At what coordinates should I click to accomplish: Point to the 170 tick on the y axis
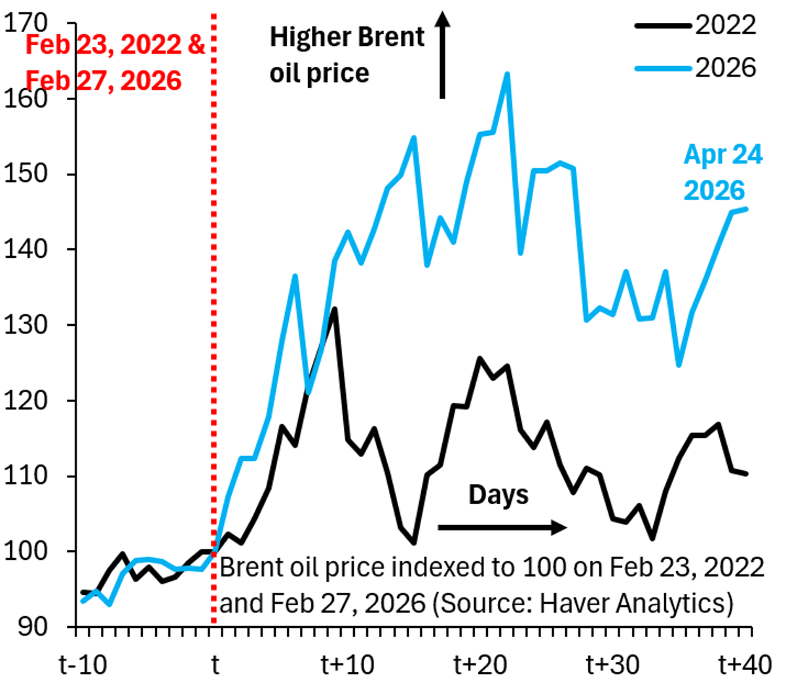[x=26, y=24]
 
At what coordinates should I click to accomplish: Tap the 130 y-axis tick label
[x=26, y=325]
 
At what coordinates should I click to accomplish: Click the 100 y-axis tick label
[x=26, y=551]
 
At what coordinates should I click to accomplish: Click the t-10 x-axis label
[x=83, y=665]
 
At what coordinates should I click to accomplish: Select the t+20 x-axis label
[x=480, y=665]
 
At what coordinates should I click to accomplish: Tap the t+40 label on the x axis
[x=745, y=665]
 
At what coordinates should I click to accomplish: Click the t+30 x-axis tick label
[x=612, y=665]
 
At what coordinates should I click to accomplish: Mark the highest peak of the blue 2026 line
[x=507, y=74]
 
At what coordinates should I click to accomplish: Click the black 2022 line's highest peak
[x=335, y=308]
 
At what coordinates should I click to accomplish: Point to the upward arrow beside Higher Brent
[x=443, y=56]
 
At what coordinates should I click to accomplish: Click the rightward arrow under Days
[x=501, y=527]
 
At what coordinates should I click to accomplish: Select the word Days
[x=498, y=495]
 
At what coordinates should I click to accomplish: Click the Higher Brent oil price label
[x=347, y=55]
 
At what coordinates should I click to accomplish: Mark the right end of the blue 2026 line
[x=747, y=209]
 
